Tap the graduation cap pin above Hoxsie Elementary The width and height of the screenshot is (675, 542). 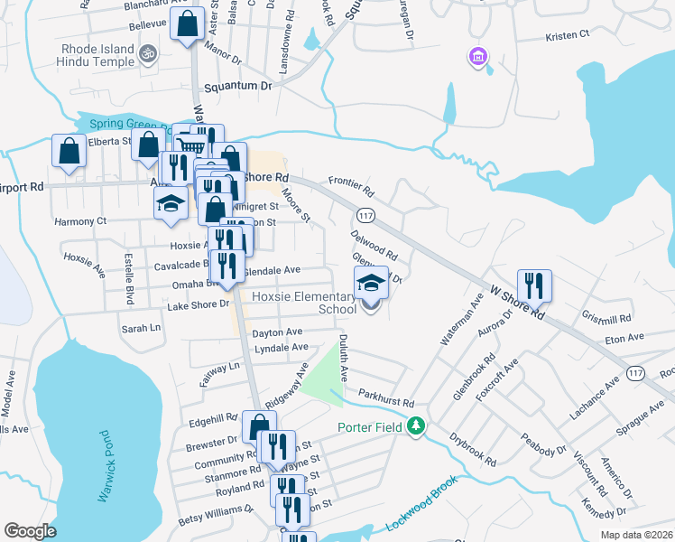(371, 284)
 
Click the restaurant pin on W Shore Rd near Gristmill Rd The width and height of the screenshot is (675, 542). (534, 286)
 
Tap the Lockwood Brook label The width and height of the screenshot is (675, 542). (423, 512)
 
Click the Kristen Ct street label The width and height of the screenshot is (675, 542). (567, 34)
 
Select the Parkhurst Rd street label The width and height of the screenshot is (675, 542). (385, 395)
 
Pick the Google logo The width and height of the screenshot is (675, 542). (31, 531)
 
